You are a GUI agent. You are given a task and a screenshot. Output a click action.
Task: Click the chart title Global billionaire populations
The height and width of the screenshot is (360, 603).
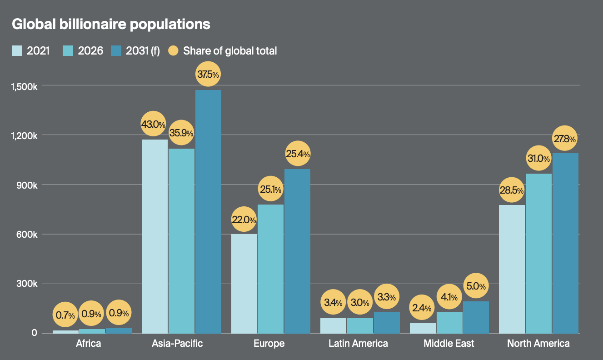pyautogui.click(x=111, y=25)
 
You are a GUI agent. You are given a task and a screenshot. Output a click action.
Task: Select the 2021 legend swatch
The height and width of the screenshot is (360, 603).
pyautogui.click(x=17, y=50)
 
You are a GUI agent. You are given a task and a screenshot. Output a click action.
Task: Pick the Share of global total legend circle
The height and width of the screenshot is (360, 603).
pyautogui.click(x=173, y=50)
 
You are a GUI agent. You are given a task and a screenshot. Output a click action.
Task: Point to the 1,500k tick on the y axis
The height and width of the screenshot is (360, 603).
pyautogui.click(x=24, y=87)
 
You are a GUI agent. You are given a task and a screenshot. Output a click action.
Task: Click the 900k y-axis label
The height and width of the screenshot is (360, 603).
pyautogui.click(x=27, y=185)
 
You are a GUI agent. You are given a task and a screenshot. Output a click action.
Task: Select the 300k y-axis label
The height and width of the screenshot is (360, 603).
pyautogui.click(x=27, y=284)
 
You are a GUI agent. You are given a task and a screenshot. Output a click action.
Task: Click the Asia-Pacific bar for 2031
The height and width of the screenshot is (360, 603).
pyautogui.click(x=208, y=212)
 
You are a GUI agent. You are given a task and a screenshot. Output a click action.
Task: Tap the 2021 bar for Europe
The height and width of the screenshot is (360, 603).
pyautogui.click(x=244, y=284)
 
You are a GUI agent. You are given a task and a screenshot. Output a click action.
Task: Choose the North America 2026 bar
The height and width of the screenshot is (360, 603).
pyautogui.click(x=538, y=254)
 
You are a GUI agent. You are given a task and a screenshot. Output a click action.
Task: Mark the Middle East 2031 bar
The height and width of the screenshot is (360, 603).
pyautogui.click(x=476, y=317)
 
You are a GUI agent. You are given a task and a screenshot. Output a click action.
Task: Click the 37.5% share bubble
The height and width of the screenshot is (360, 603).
pyautogui.click(x=208, y=74)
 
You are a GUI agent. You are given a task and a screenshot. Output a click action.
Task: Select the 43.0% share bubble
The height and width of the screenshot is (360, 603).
pyautogui.click(x=154, y=124)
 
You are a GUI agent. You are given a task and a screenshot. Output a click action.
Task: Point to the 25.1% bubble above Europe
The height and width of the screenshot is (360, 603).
pyautogui.click(x=270, y=189)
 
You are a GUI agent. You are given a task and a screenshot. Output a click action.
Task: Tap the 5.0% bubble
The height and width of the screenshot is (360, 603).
pyautogui.click(x=476, y=286)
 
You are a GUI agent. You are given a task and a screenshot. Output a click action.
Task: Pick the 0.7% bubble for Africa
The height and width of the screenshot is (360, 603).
pyautogui.click(x=65, y=315)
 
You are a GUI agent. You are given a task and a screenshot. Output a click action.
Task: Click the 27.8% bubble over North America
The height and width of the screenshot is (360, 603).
pyautogui.click(x=565, y=138)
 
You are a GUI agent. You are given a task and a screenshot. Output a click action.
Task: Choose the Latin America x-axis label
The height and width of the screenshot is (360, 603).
pyautogui.click(x=358, y=344)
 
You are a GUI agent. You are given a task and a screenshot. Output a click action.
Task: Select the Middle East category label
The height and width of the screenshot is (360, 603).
pyautogui.click(x=449, y=344)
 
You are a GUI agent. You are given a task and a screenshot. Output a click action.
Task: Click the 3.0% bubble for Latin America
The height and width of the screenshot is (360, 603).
pyautogui.click(x=360, y=302)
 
